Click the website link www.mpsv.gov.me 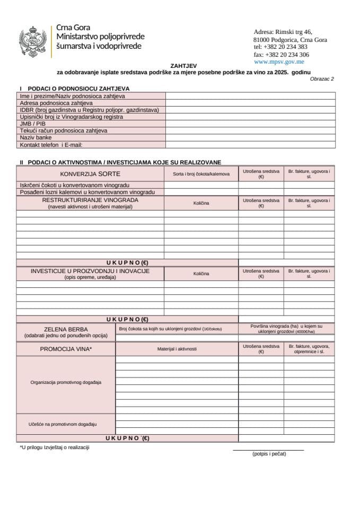279,62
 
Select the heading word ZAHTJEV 180,66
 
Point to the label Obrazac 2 322,78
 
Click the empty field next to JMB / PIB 250,124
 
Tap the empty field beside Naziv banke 250,137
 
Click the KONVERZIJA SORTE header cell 90,174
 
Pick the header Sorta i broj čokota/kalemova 201,174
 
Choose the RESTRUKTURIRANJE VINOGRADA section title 90,200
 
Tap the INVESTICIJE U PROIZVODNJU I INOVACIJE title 90,271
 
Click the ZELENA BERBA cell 66,329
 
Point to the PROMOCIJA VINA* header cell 66,349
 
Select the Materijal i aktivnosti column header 177,349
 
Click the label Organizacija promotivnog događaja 66,382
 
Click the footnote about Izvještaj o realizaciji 55,447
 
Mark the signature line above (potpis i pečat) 268,450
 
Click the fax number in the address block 282,55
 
